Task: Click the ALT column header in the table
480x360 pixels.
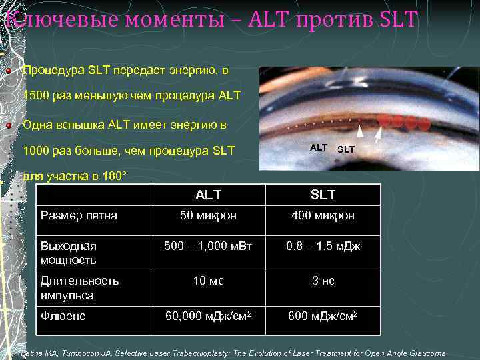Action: (x=208, y=195)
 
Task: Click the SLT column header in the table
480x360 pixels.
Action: (x=323, y=195)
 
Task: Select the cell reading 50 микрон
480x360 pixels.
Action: (x=208, y=216)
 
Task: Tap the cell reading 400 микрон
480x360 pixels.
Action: (x=323, y=216)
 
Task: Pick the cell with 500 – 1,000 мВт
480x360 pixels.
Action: (x=208, y=246)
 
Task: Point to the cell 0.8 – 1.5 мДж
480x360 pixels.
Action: (x=323, y=246)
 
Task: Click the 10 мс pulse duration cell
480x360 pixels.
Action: (x=208, y=281)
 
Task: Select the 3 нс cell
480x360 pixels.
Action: (x=323, y=281)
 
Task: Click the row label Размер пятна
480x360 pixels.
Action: (x=79, y=215)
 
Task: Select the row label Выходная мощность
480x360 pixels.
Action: (x=69, y=253)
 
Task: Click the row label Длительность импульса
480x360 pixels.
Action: (x=80, y=288)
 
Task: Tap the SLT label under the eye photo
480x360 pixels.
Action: (x=346, y=149)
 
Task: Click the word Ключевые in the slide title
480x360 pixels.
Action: (x=47, y=20)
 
